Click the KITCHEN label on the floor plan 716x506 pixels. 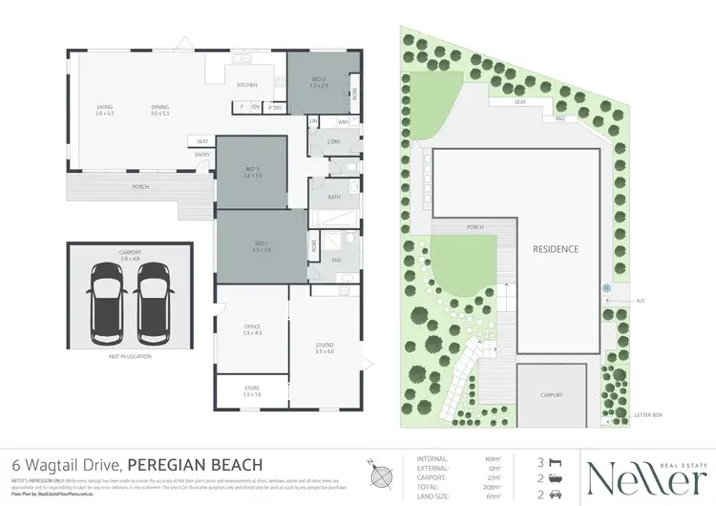click(x=247, y=85)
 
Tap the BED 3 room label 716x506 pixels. click(x=252, y=173)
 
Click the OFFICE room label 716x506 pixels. click(x=252, y=329)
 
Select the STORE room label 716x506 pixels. click(x=252, y=391)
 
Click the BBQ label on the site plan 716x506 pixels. click(x=560, y=119)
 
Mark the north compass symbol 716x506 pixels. click(x=381, y=471)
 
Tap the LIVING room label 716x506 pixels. click(x=105, y=110)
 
